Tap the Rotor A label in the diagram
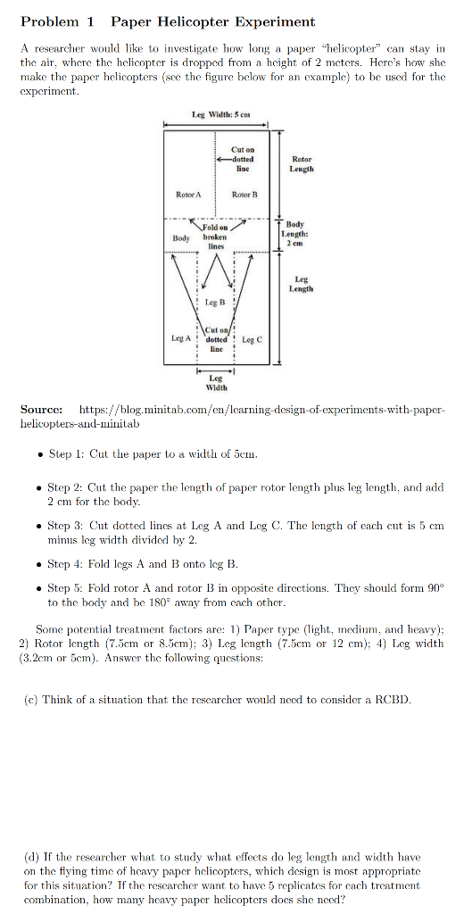click(x=188, y=194)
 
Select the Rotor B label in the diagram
click(x=244, y=194)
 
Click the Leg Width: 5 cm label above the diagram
click(x=220, y=115)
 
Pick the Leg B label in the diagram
click(x=214, y=303)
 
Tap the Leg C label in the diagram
click(x=252, y=338)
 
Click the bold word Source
click(x=41, y=409)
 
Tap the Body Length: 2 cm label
click(x=299, y=234)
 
